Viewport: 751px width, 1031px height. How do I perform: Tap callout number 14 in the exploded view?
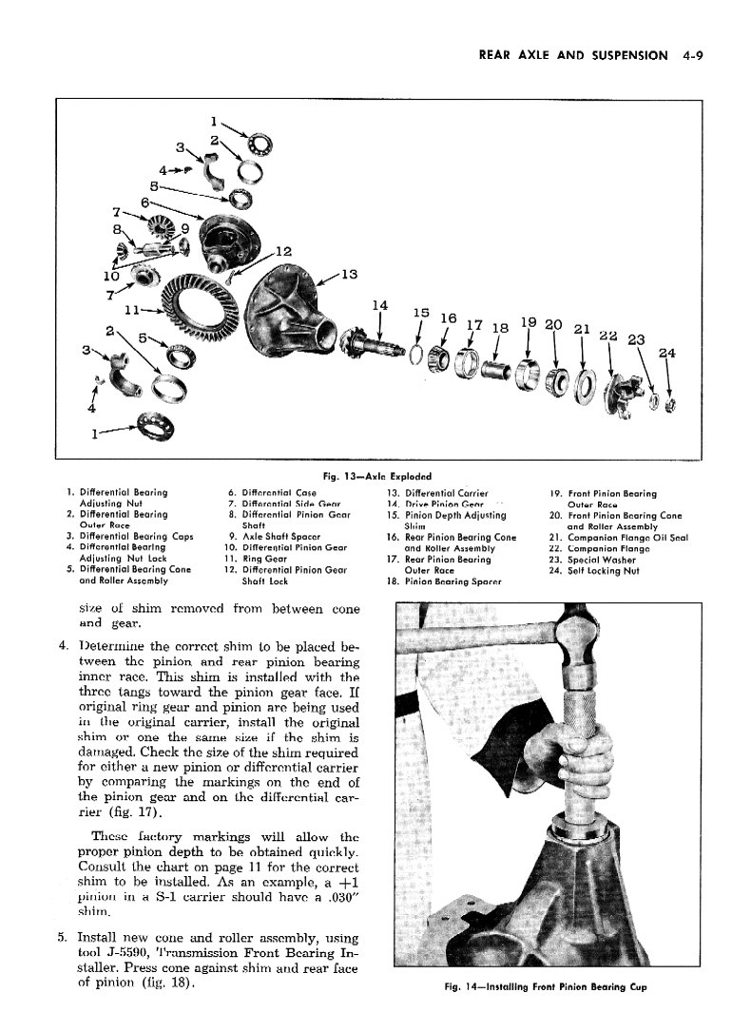[380, 305]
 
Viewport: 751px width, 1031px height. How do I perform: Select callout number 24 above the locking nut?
[667, 353]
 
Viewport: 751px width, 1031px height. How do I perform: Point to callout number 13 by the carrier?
[349, 276]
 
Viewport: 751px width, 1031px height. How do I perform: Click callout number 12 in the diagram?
[282, 252]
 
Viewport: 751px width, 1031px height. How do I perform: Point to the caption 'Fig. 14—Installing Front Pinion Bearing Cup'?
[546, 986]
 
